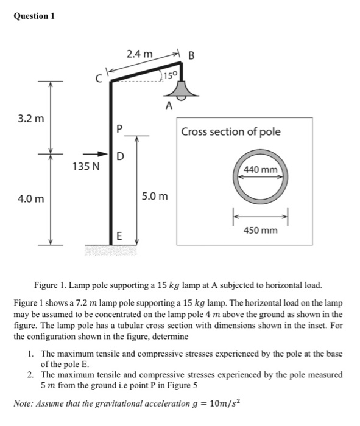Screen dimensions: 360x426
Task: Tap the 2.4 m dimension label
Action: coord(139,54)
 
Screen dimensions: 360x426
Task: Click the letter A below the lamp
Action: coord(170,106)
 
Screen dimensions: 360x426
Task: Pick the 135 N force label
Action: coord(85,166)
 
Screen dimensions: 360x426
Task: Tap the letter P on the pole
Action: coord(119,129)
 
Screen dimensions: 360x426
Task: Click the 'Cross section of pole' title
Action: coord(231,132)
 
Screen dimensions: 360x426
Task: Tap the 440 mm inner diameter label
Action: coord(260,169)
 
